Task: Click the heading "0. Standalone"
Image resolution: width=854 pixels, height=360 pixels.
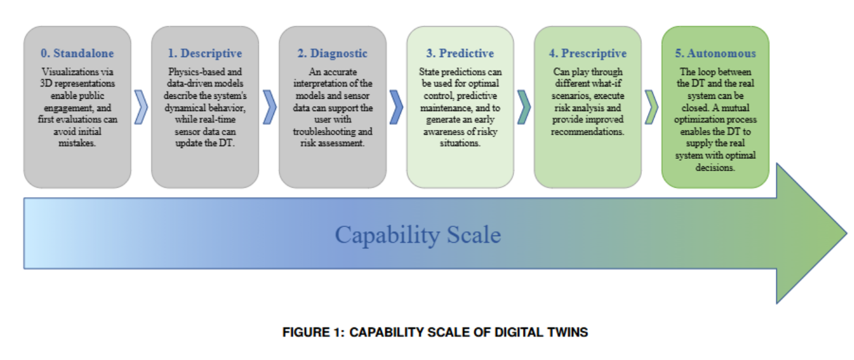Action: point(77,54)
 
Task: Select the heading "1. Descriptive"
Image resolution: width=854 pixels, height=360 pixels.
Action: point(205,54)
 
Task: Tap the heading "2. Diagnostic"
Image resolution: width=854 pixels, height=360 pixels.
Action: point(332,54)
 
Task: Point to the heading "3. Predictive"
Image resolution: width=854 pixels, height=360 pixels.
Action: point(460,54)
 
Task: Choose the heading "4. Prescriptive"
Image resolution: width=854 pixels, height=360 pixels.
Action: point(587,54)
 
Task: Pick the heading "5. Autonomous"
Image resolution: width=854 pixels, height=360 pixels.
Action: point(715,54)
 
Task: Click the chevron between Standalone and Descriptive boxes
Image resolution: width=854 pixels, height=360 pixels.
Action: point(141,107)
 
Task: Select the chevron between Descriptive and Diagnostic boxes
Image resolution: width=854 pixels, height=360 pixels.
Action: point(269,107)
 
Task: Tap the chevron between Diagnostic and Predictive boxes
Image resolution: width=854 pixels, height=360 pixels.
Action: point(397,107)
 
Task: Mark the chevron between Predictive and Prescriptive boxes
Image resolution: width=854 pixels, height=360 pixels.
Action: point(524,107)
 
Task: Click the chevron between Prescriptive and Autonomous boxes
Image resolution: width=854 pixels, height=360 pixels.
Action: point(652,107)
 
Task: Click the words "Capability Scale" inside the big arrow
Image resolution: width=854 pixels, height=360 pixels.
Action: point(417,234)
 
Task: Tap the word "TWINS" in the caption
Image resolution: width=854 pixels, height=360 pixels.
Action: point(566,332)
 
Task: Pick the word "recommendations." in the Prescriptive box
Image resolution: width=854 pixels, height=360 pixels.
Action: point(587,132)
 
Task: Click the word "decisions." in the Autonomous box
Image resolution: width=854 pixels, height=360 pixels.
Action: point(715,167)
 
